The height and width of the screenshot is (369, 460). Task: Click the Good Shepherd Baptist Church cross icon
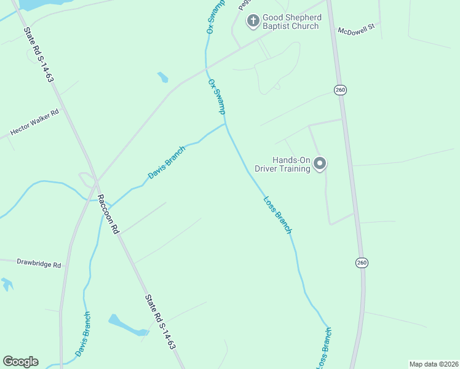[253, 21]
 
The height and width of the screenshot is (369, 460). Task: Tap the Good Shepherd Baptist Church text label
[291, 22]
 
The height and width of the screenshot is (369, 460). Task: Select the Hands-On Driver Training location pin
[320, 164]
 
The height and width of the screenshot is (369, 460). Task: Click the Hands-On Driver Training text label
[291, 164]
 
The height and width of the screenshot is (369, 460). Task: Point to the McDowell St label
[356, 30]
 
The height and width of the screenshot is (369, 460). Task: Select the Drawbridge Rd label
[31, 263]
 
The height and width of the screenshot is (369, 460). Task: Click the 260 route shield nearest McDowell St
[341, 90]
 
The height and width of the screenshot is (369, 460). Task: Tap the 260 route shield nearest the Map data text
[362, 263]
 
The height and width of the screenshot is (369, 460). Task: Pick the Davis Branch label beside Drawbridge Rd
[84, 334]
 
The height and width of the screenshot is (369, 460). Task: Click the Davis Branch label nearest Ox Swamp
[166, 166]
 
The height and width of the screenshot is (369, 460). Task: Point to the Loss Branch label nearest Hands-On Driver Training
[277, 214]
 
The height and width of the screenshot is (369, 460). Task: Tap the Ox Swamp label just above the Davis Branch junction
[217, 96]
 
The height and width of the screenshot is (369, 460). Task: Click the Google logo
[20, 362]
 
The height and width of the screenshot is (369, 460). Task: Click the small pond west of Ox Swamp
[162, 77]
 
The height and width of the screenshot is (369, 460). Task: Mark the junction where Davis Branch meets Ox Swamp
[226, 124]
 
